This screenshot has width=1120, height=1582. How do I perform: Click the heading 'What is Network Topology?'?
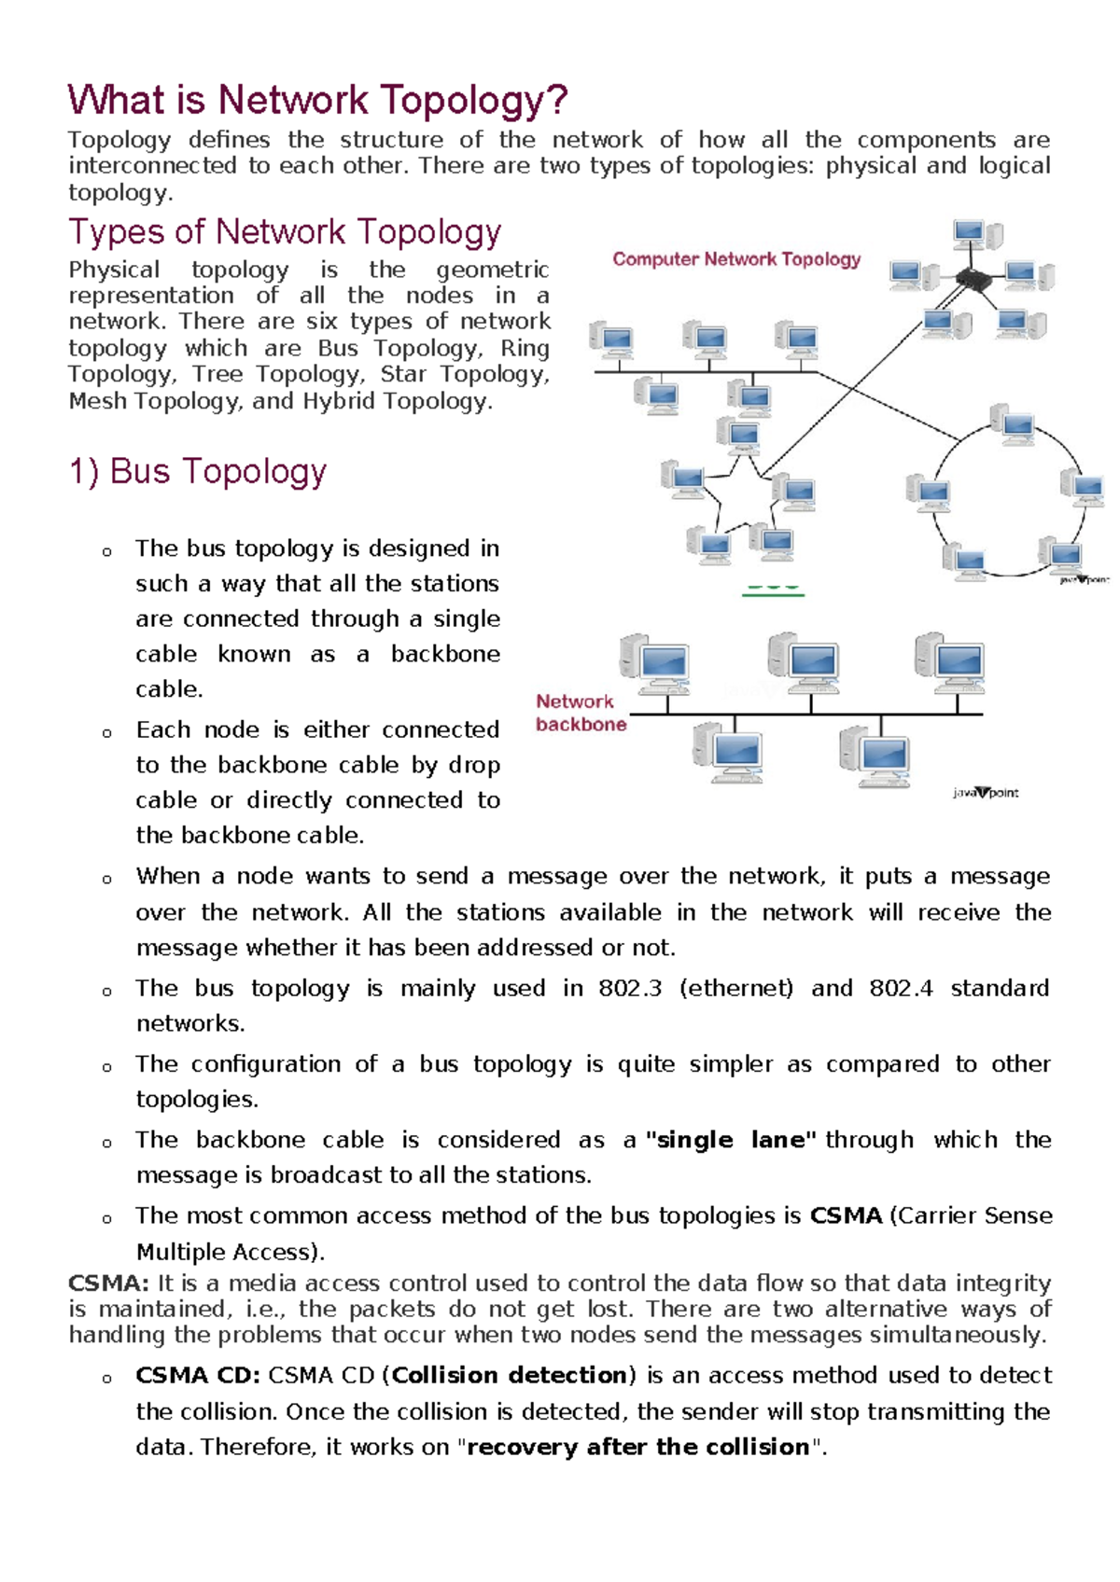point(317,100)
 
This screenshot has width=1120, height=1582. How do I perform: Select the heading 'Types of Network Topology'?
point(285,231)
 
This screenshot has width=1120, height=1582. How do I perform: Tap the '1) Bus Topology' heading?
point(198,471)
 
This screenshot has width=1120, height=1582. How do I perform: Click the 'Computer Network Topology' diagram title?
point(736,259)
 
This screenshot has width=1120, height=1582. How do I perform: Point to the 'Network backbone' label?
point(580,713)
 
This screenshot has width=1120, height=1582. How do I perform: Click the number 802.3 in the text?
point(630,988)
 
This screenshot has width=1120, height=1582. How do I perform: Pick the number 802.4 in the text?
point(901,988)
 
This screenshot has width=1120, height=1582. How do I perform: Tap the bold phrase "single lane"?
point(731,1140)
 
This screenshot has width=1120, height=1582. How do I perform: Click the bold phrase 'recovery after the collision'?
point(638,1447)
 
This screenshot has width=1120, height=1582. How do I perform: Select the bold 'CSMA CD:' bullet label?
point(198,1376)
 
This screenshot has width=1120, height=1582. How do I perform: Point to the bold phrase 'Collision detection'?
point(510,1376)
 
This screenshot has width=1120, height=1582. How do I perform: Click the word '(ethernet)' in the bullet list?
point(736,988)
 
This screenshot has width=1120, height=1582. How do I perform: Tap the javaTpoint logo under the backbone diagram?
point(986,793)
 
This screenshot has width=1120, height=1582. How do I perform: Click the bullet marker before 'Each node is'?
point(107,732)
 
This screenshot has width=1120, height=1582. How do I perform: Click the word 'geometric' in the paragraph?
point(492,270)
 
